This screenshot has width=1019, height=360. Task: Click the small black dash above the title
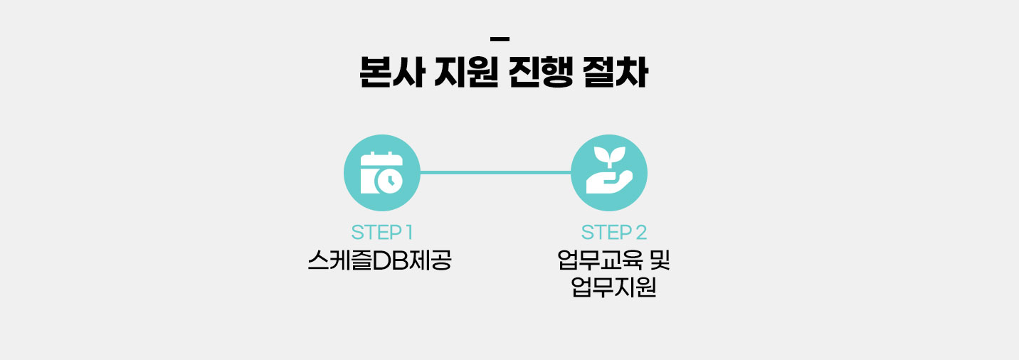(x=500, y=38)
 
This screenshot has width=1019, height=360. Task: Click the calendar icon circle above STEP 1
(x=381, y=173)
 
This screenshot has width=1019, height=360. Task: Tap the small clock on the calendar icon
(x=390, y=181)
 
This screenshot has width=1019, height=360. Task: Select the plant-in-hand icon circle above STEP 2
(x=609, y=173)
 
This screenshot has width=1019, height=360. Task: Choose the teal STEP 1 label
(x=382, y=232)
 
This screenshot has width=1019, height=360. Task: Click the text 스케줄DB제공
(x=380, y=261)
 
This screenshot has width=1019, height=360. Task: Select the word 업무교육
(x=596, y=261)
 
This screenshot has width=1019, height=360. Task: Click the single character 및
(x=659, y=261)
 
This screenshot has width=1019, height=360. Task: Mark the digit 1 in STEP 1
(x=409, y=232)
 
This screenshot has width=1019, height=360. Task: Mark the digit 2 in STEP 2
(x=641, y=232)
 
